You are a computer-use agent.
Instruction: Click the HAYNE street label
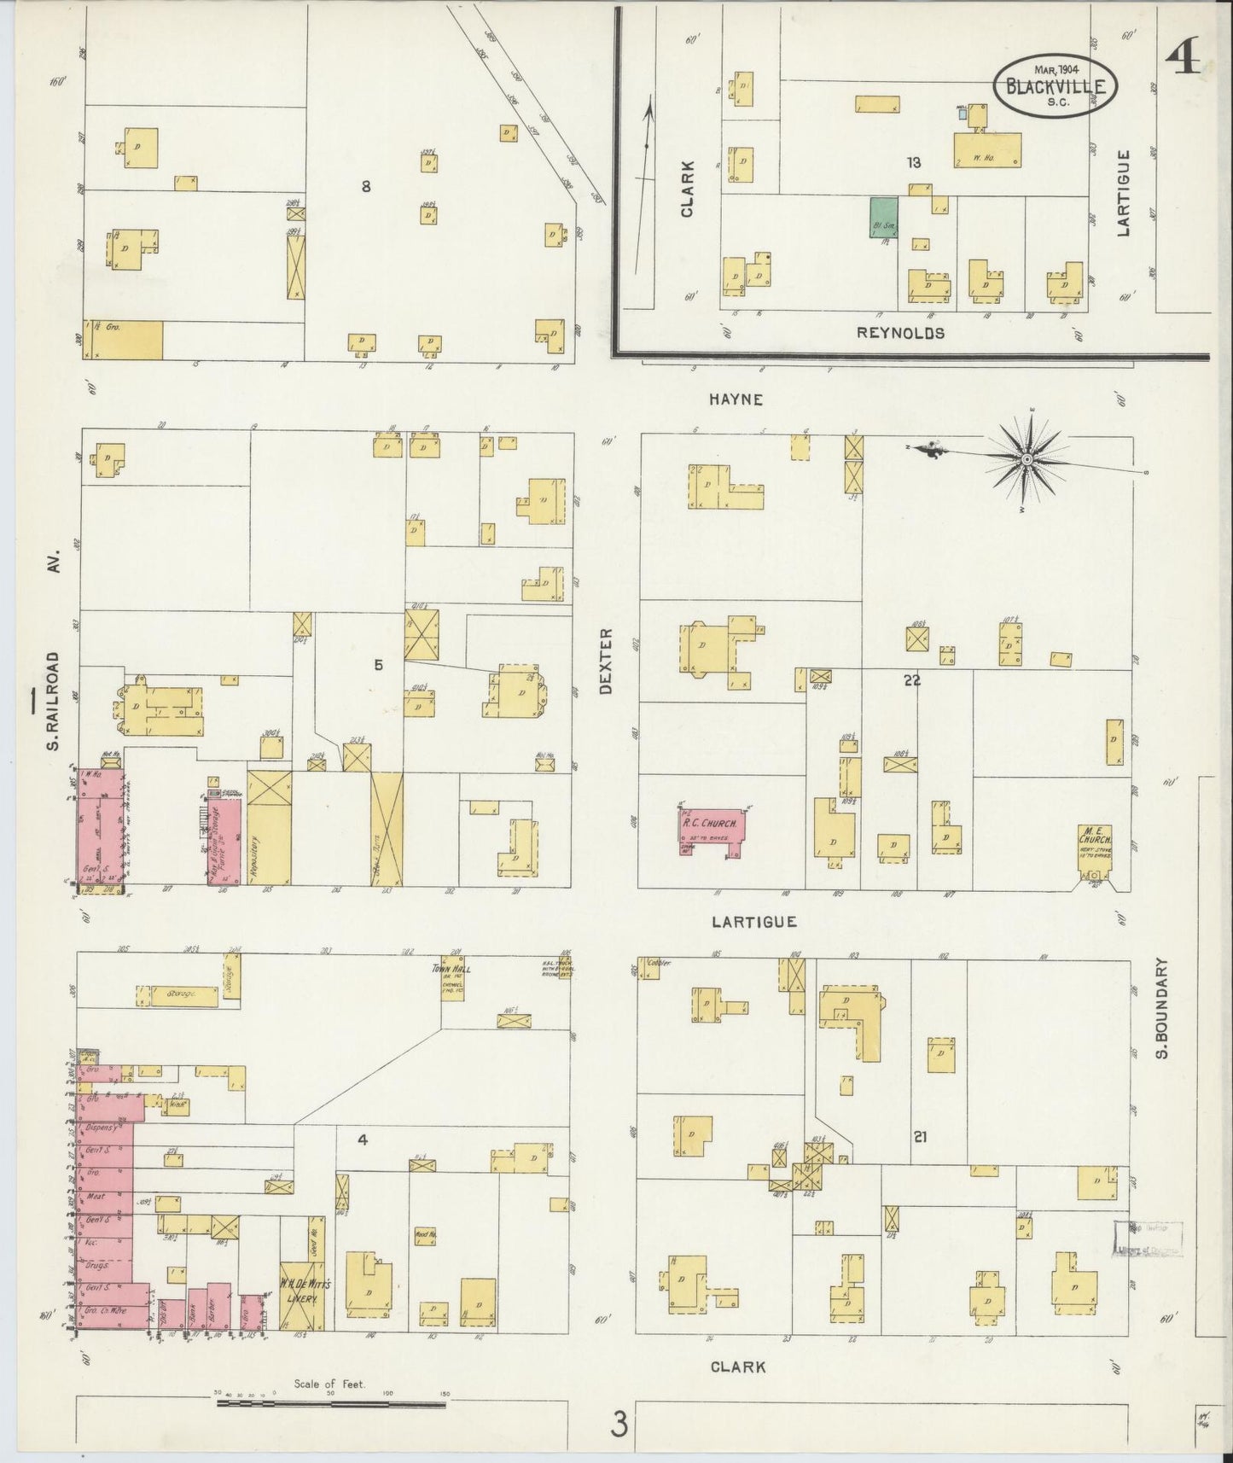coord(734,399)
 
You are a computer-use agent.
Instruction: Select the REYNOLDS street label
coord(900,333)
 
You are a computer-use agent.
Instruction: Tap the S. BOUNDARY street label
coord(1160,1007)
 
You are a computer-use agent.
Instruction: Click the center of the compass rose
coord(1027,459)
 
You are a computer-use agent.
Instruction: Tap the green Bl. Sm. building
coord(883,217)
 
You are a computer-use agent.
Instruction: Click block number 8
coord(365,186)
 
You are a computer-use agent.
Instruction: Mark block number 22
coord(912,680)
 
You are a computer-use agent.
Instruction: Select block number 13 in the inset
coord(914,162)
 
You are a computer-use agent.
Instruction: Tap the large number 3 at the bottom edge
coord(619,1424)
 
